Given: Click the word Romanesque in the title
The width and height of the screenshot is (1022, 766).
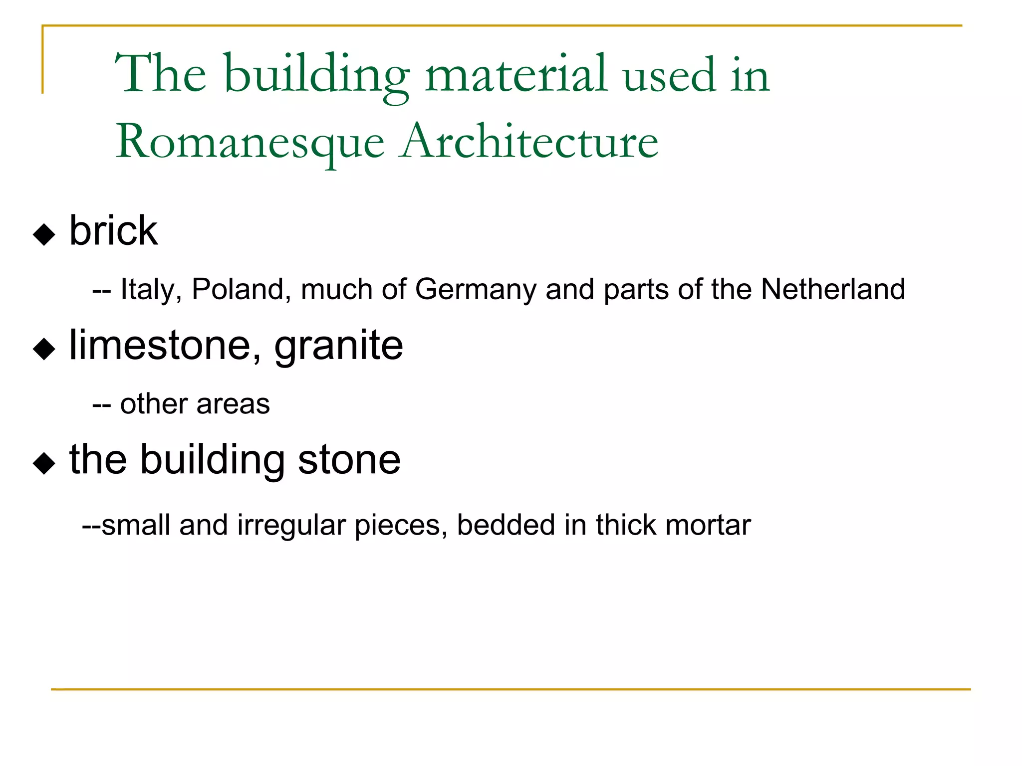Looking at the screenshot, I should coord(250,143).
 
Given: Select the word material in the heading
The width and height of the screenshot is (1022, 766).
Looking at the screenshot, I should coord(516,75).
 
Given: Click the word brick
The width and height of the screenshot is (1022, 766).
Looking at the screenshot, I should coord(113,231).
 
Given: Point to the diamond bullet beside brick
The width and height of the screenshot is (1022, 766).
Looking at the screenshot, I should coord(44,234).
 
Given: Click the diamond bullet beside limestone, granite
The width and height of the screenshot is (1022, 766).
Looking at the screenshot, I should coord(44,349).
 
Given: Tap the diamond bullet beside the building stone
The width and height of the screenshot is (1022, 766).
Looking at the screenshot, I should coord(44,463).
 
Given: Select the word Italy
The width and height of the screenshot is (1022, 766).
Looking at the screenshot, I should coord(151,289).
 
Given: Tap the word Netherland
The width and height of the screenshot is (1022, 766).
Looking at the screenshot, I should coord(833,289).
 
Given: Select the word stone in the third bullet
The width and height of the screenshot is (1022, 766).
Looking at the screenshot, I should coord(349,459).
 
